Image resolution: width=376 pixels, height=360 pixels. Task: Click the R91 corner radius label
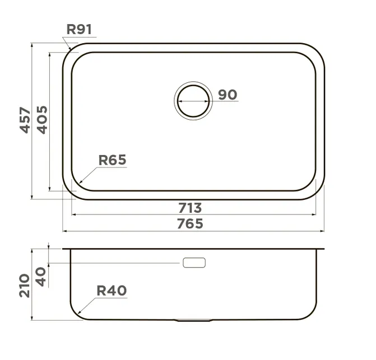[x=79, y=30]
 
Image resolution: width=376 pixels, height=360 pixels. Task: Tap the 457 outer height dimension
[x=25, y=120]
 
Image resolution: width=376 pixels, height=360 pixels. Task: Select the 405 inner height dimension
[x=42, y=120]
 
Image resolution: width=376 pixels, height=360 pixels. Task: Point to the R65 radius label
[x=112, y=160]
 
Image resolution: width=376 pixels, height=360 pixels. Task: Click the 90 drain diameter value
[x=228, y=95]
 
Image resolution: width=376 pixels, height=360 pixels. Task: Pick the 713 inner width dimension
[x=190, y=208]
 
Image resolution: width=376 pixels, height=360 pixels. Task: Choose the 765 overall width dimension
[x=190, y=224]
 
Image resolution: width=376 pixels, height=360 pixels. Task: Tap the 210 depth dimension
[x=25, y=286]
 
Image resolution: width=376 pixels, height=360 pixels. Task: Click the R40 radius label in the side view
[x=112, y=291]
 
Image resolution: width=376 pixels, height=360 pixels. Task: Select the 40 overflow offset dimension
[x=41, y=277]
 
